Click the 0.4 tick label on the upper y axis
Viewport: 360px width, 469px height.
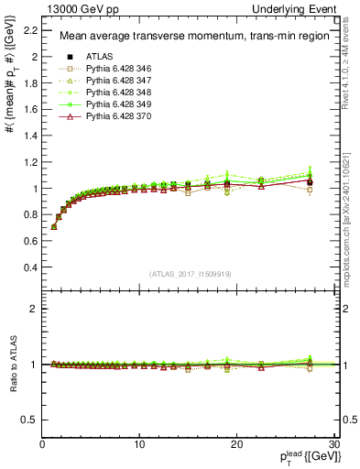[x=28, y=268]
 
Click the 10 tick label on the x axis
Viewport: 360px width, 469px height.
[x=139, y=444]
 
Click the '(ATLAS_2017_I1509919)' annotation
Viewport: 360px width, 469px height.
[x=191, y=273]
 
